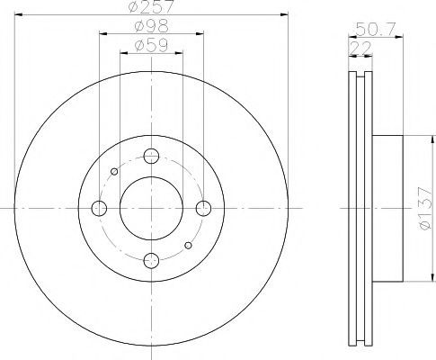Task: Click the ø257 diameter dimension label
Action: coord(151,6)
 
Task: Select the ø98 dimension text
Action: coord(152,26)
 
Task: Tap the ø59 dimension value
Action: coord(151,46)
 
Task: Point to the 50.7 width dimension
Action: coord(376,29)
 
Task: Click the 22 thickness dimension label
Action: coord(360,48)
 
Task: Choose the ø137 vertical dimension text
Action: coord(425,208)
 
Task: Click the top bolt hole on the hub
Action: coord(151,156)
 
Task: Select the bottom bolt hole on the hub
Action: coord(151,260)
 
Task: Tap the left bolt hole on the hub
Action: coord(99,208)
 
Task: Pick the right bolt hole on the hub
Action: coord(204,208)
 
